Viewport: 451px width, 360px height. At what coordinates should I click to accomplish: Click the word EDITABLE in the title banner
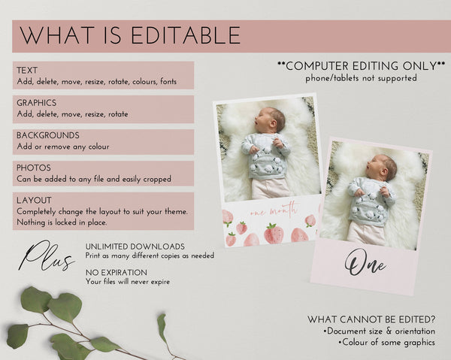pos(186,35)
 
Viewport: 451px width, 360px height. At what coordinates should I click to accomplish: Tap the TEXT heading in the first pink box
pos(27,70)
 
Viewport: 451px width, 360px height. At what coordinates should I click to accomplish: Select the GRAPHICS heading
pos(37,103)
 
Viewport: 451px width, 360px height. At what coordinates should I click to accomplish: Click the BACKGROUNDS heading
pos(48,135)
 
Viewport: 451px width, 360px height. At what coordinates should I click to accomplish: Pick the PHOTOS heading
pos(34,168)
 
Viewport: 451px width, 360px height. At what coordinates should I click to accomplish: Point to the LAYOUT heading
pos(34,200)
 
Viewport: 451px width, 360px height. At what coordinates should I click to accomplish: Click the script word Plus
pos(46,256)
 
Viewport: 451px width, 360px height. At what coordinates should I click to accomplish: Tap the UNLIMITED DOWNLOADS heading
pos(135,247)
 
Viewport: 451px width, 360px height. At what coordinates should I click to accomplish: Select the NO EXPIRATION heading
pos(117,273)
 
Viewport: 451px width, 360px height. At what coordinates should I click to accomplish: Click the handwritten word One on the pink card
pos(365,263)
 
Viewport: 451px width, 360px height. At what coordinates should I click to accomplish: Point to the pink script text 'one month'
pos(274,210)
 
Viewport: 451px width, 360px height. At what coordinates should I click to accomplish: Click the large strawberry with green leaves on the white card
pos(274,233)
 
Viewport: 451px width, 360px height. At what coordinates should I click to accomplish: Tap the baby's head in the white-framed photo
pos(271,119)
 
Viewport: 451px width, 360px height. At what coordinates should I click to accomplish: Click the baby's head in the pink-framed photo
pos(382,168)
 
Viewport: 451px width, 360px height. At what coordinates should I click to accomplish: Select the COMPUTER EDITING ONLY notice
pos(362,66)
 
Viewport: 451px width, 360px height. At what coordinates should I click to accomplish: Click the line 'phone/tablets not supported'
pos(361,78)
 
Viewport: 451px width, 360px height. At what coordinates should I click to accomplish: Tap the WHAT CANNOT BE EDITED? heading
pos(371,319)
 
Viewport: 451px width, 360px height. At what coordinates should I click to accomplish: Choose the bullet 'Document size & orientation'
pos(379,331)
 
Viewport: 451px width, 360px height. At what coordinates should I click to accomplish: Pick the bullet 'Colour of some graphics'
pos(387,343)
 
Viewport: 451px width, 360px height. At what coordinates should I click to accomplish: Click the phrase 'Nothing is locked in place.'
pos(62,222)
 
